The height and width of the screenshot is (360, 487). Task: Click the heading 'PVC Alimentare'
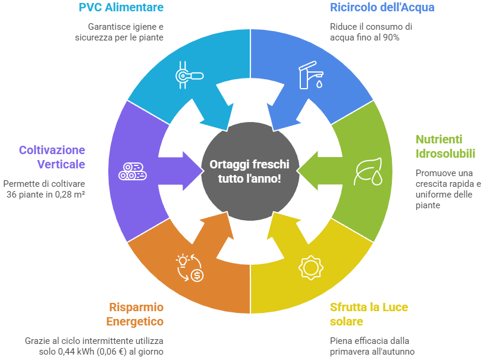(121, 8)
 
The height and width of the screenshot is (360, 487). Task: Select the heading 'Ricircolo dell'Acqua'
(382, 8)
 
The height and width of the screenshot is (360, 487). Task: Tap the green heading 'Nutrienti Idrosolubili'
(445, 146)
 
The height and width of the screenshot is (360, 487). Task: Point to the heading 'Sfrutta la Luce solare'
(369, 314)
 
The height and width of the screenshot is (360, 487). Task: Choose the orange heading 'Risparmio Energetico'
(136, 314)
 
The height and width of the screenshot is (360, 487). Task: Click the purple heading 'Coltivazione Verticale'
(52, 157)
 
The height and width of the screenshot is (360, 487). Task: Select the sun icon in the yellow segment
(310, 267)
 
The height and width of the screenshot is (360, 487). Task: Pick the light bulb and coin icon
(190, 267)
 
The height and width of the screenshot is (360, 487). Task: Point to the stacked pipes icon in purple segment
(131, 171)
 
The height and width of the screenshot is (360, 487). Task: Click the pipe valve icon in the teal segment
(190, 75)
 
